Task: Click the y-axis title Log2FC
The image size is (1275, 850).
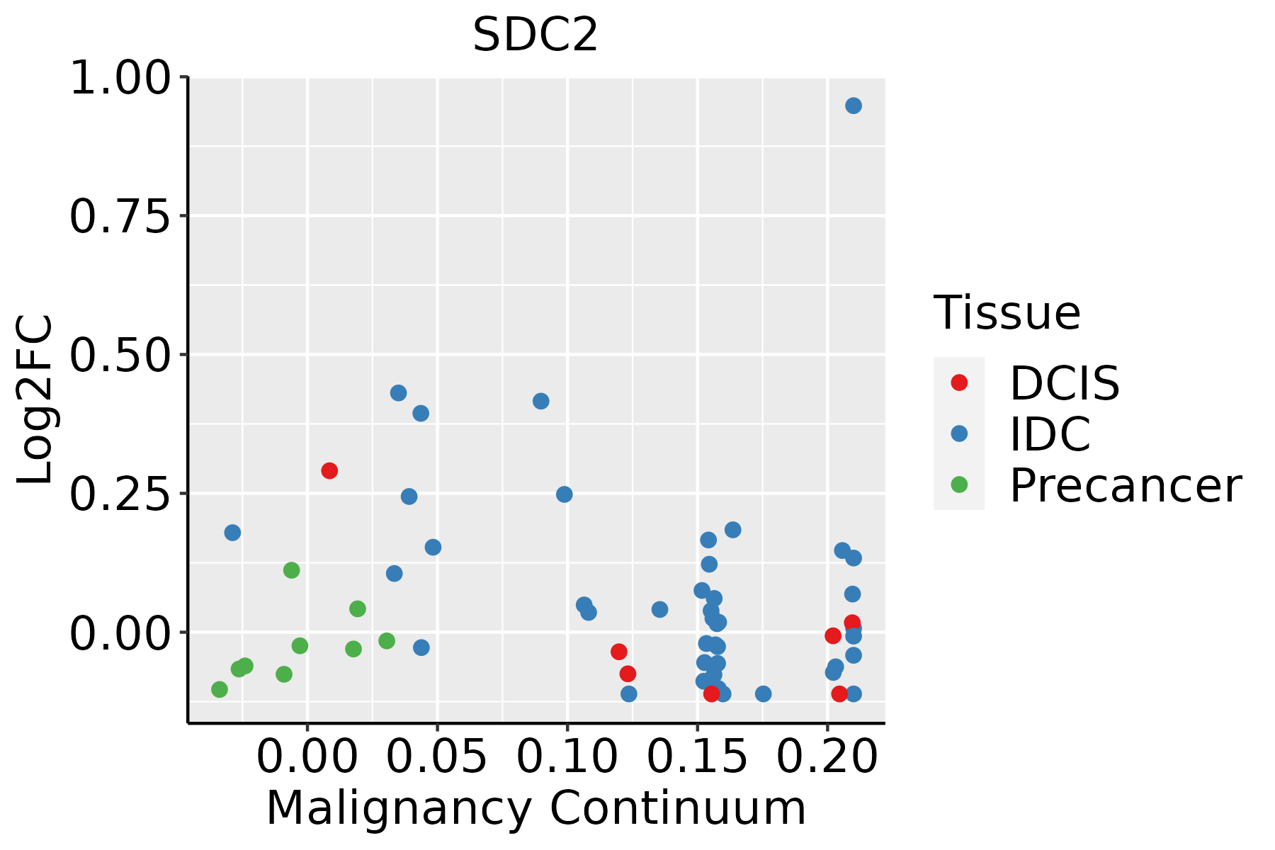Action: [x=35, y=399]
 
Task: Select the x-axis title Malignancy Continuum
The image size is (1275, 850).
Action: [x=535, y=808]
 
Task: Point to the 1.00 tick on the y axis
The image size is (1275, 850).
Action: [x=120, y=78]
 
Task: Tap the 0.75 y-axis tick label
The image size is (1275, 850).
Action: [x=120, y=217]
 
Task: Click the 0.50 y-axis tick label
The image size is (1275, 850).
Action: [x=120, y=356]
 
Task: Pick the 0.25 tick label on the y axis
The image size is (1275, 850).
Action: [x=120, y=494]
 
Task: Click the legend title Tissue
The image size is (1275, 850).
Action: [x=1007, y=312]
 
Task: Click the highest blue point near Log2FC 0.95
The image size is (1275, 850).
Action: [x=854, y=106]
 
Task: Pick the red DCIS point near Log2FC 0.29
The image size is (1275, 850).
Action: [x=329, y=470]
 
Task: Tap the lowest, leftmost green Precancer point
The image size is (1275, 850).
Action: [x=220, y=689]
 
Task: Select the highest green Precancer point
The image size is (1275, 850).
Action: [x=291, y=570]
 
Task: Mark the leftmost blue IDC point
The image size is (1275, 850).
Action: [x=232, y=533]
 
